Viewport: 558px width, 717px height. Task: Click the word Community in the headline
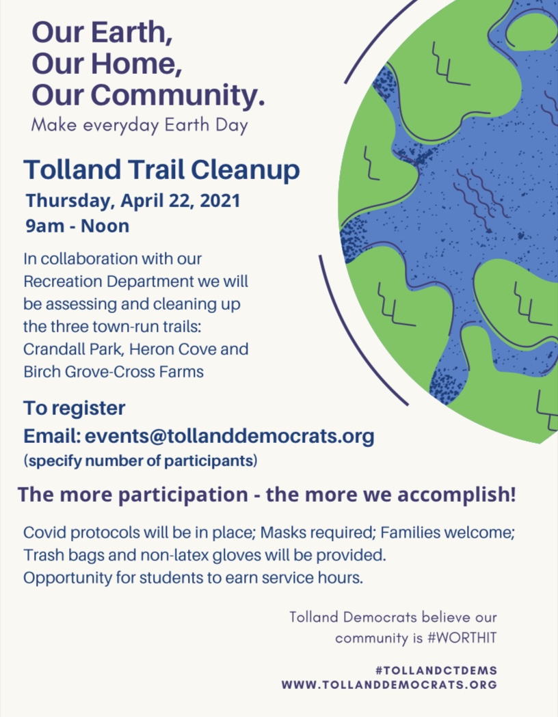click(x=178, y=95)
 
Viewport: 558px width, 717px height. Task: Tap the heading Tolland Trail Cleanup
click(x=162, y=170)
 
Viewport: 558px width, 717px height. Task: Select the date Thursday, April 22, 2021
click(x=133, y=201)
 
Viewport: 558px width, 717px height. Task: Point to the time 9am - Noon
click(x=77, y=226)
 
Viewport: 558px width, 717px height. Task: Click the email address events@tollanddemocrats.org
click(x=230, y=436)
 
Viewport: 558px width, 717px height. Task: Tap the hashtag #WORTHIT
click(x=462, y=638)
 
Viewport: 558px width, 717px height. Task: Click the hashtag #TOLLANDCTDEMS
click(x=436, y=671)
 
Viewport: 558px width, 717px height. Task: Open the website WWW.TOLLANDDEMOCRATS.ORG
click(x=389, y=685)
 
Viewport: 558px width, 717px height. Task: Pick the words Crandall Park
click(x=73, y=349)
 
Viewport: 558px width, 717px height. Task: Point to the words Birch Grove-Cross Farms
click(x=114, y=372)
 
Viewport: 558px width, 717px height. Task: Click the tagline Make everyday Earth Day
click(x=139, y=125)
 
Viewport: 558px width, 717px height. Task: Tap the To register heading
click(x=74, y=409)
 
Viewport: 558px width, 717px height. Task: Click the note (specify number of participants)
click(x=140, y=461)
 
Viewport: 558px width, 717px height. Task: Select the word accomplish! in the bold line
click(x=457, y=495)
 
